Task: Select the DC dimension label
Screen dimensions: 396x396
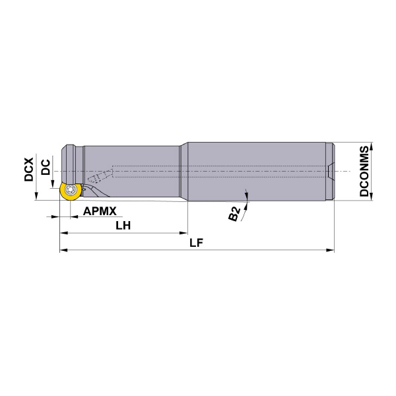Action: [x=45, y=166]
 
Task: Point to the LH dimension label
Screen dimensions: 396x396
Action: [x=123, y=225]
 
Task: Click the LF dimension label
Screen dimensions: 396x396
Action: [x=196, y=242]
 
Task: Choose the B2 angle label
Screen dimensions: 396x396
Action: [x=235, y=214]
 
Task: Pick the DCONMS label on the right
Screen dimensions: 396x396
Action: [x=364, y=172]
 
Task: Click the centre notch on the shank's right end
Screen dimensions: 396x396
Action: [x=331, y=172]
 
